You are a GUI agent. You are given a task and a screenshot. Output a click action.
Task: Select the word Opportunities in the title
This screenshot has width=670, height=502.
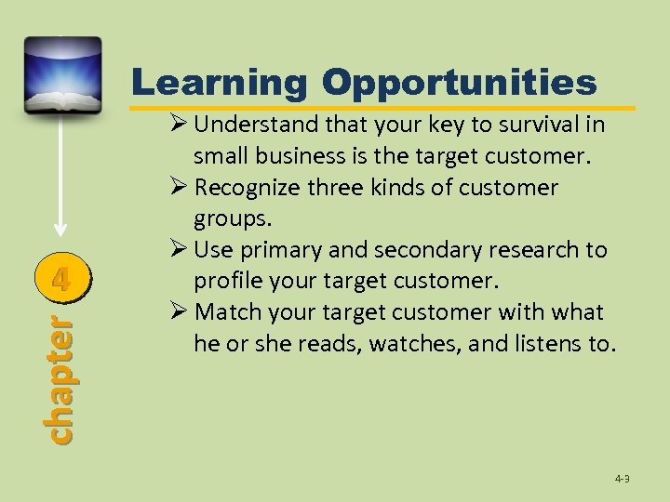459,83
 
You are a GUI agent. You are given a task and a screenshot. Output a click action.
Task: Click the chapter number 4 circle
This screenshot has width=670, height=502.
60,278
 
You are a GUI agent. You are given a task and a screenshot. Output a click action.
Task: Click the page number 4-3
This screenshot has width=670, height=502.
622,479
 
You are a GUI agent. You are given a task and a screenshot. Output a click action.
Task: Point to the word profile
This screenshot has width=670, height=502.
227,280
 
